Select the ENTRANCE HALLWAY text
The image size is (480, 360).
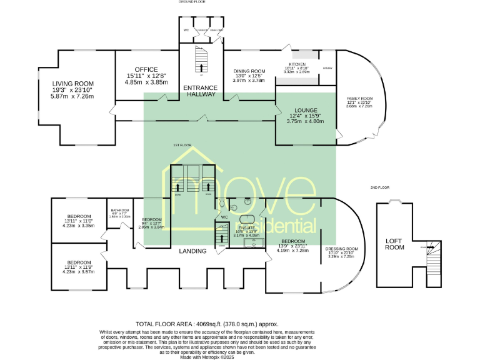coord(201,91)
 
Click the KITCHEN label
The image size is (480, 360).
coord(297,64)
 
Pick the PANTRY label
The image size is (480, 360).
coord(327,67)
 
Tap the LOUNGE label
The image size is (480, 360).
coord(302,110)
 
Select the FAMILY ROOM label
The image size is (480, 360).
coord(359,99)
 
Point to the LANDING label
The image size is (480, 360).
coord(193,251)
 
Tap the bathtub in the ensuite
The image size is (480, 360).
coord(246,218)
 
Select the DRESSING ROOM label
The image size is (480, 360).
coord(342,248)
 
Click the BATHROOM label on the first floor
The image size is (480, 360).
coord(119,210)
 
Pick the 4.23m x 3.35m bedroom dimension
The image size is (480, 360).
coord(78,226)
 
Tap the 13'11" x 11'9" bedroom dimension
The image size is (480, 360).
coord(78,267)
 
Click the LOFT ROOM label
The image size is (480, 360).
coord(394,244)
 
